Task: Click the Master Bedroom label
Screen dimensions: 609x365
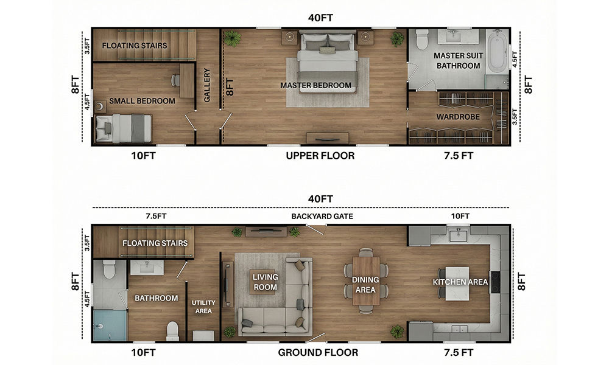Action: (315, 85)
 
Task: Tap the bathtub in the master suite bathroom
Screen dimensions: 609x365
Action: (497, 52)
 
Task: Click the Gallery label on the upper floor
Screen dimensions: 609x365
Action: (206, 85)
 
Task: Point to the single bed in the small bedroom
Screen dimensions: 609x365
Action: (124, 128)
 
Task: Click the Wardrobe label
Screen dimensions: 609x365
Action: (458, 117)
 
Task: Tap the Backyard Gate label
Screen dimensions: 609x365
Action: (322, 217)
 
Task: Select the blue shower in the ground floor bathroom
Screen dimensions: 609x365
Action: (110, 325)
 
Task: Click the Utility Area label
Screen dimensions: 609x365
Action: (203, 307)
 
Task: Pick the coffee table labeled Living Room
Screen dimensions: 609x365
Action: (266, 282)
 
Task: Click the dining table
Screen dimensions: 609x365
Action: (366, 281)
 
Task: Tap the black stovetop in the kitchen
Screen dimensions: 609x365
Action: (495, 282)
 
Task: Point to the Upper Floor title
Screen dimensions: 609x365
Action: (320, 156)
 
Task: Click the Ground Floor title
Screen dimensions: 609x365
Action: (318, 353)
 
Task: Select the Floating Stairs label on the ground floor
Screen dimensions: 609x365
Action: (155, 243)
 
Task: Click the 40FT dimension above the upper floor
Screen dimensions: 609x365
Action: (320, 18)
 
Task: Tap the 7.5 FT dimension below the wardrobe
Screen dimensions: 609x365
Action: (459, 156)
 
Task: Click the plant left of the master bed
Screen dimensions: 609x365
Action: (232, 39)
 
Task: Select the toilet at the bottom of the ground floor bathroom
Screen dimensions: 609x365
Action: (172, 332)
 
